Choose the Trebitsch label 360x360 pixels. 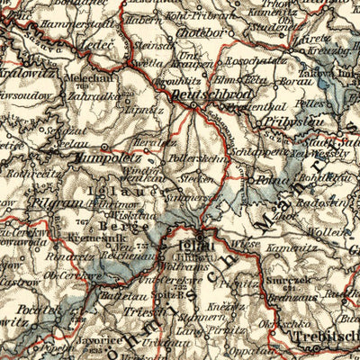[x=319, y=336]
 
